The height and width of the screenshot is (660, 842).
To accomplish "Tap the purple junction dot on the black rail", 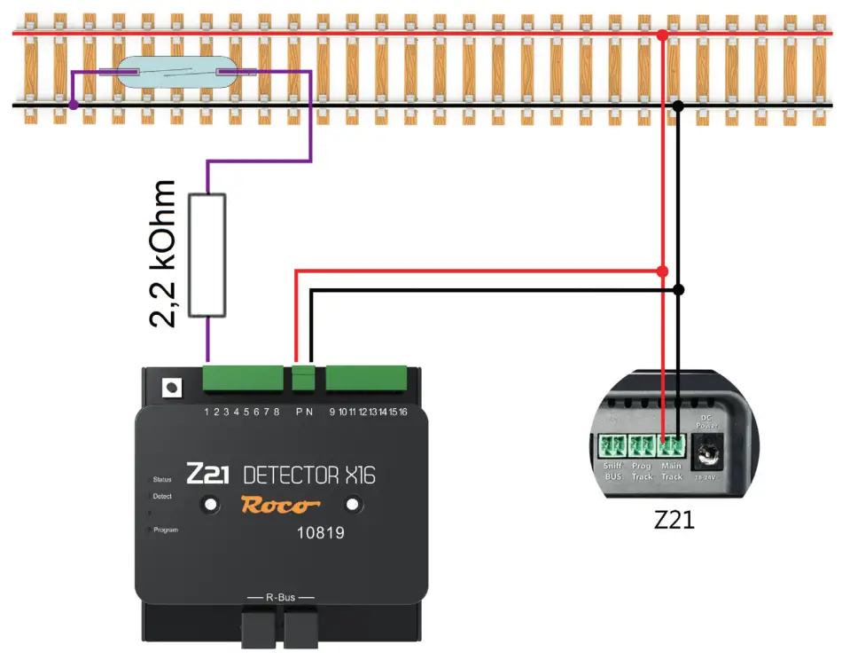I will pos(74,105).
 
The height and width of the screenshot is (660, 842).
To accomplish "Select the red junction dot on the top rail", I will pos(662,35).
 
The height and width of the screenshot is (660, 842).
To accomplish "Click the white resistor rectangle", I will pos(207,255).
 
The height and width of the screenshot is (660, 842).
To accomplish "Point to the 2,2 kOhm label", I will pos(163,255).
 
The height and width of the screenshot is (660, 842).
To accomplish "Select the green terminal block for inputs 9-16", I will pos(367,378).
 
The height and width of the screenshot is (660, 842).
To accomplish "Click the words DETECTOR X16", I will pos(308,475).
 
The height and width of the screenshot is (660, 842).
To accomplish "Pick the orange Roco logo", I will pos(280,506).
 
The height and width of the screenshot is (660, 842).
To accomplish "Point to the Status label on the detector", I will pos(162,479).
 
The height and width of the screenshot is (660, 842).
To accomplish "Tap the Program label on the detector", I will pos(165,530).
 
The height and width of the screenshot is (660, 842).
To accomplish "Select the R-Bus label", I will pos(280,597).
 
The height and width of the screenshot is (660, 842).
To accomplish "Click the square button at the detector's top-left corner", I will pos(169,388).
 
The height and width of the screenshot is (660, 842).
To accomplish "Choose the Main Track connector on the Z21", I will pos(671,444).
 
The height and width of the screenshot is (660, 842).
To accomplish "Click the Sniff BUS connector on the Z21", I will pos(612,444).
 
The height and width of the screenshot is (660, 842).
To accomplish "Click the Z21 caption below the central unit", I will pos(674,520).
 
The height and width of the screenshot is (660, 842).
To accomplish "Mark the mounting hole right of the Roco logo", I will pos(353,504).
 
